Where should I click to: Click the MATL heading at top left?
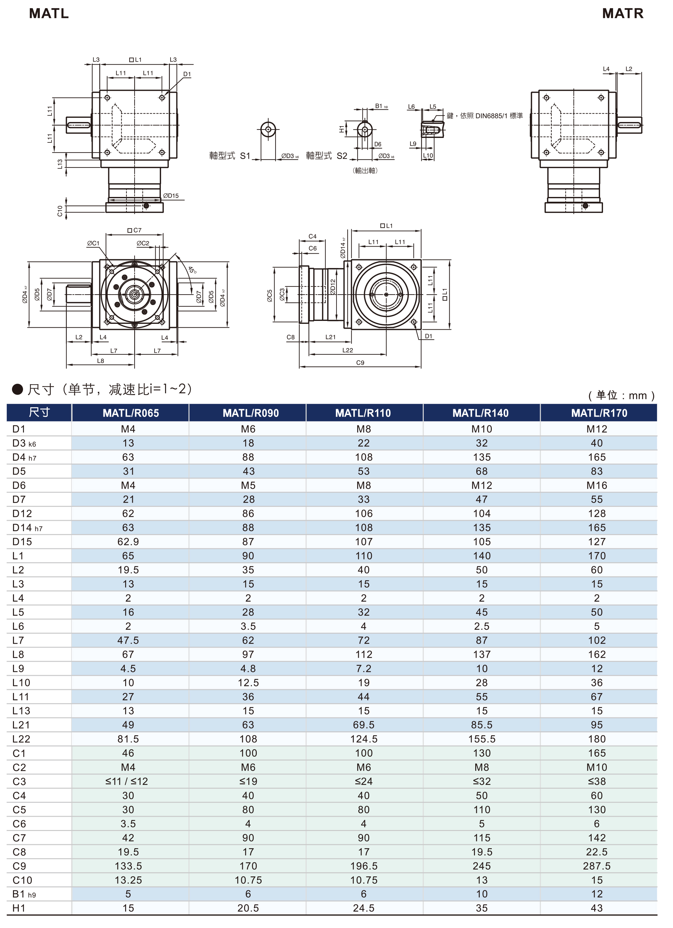49,14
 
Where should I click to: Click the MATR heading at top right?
622,14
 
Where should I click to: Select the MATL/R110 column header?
363,413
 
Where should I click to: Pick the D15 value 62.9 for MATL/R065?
128,542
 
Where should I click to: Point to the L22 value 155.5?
482,739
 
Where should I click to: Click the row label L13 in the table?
21,711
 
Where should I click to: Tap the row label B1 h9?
24,894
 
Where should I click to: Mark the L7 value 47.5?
128,641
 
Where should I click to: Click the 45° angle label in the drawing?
192,270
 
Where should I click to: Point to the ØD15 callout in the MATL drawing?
171,196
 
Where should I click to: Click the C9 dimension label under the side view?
360,362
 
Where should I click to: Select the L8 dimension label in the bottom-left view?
100,361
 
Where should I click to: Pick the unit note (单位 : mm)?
621,395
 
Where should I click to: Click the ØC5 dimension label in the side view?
269,295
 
